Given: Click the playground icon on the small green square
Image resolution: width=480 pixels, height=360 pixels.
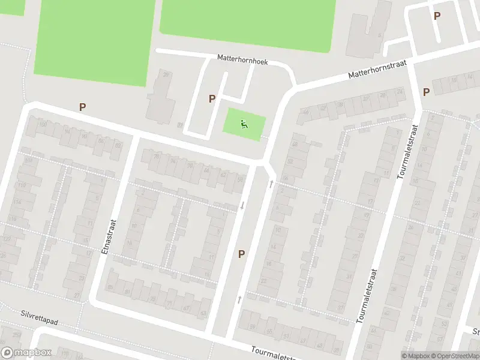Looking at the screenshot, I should coord(244,125).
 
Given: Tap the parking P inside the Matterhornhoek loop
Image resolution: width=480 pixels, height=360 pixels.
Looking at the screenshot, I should coord(212,99).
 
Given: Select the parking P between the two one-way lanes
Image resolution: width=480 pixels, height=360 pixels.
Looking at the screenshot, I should coord(241,254).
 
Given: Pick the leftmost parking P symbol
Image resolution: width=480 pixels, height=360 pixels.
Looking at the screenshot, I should coord(82,107).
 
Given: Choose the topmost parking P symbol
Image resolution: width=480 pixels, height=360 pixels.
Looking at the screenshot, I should coord(437,16).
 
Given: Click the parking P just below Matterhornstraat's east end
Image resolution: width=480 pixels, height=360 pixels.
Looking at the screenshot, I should coord(426,92).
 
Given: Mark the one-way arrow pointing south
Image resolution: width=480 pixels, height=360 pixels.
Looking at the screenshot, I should coord(242,206).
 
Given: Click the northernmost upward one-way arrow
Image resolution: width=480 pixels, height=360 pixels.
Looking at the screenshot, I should coord(271,184).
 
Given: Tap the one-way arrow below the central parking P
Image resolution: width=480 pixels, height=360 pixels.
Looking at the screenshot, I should coord(239,298).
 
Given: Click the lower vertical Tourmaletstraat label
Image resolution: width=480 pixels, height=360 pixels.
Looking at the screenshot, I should coord(367,295).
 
